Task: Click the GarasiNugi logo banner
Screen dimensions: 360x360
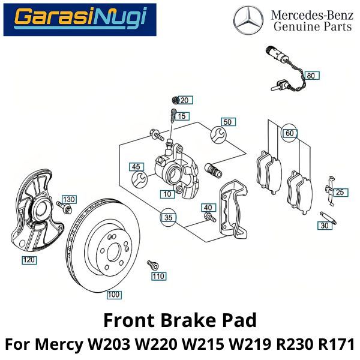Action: click(80, 19)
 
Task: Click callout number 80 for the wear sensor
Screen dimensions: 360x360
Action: click(310, 76)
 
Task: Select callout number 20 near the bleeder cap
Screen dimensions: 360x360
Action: click(184, 100)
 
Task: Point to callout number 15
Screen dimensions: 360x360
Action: click(182, 116)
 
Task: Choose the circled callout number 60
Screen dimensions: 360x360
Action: click(289, 133)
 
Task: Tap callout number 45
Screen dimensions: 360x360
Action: click(137, 167)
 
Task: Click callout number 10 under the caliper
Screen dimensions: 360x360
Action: click(167, 194)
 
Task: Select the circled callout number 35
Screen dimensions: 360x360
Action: click(169, 217)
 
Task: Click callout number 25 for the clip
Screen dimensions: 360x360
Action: click(340, 193)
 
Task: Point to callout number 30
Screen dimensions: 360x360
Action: click(325, 226)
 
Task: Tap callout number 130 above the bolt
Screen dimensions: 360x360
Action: click(70, 199)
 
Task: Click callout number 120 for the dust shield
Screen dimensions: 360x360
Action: click(29, 260)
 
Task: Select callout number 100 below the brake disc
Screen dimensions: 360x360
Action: click(113, 295)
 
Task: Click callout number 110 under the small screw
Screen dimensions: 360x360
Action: click(158, 277)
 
